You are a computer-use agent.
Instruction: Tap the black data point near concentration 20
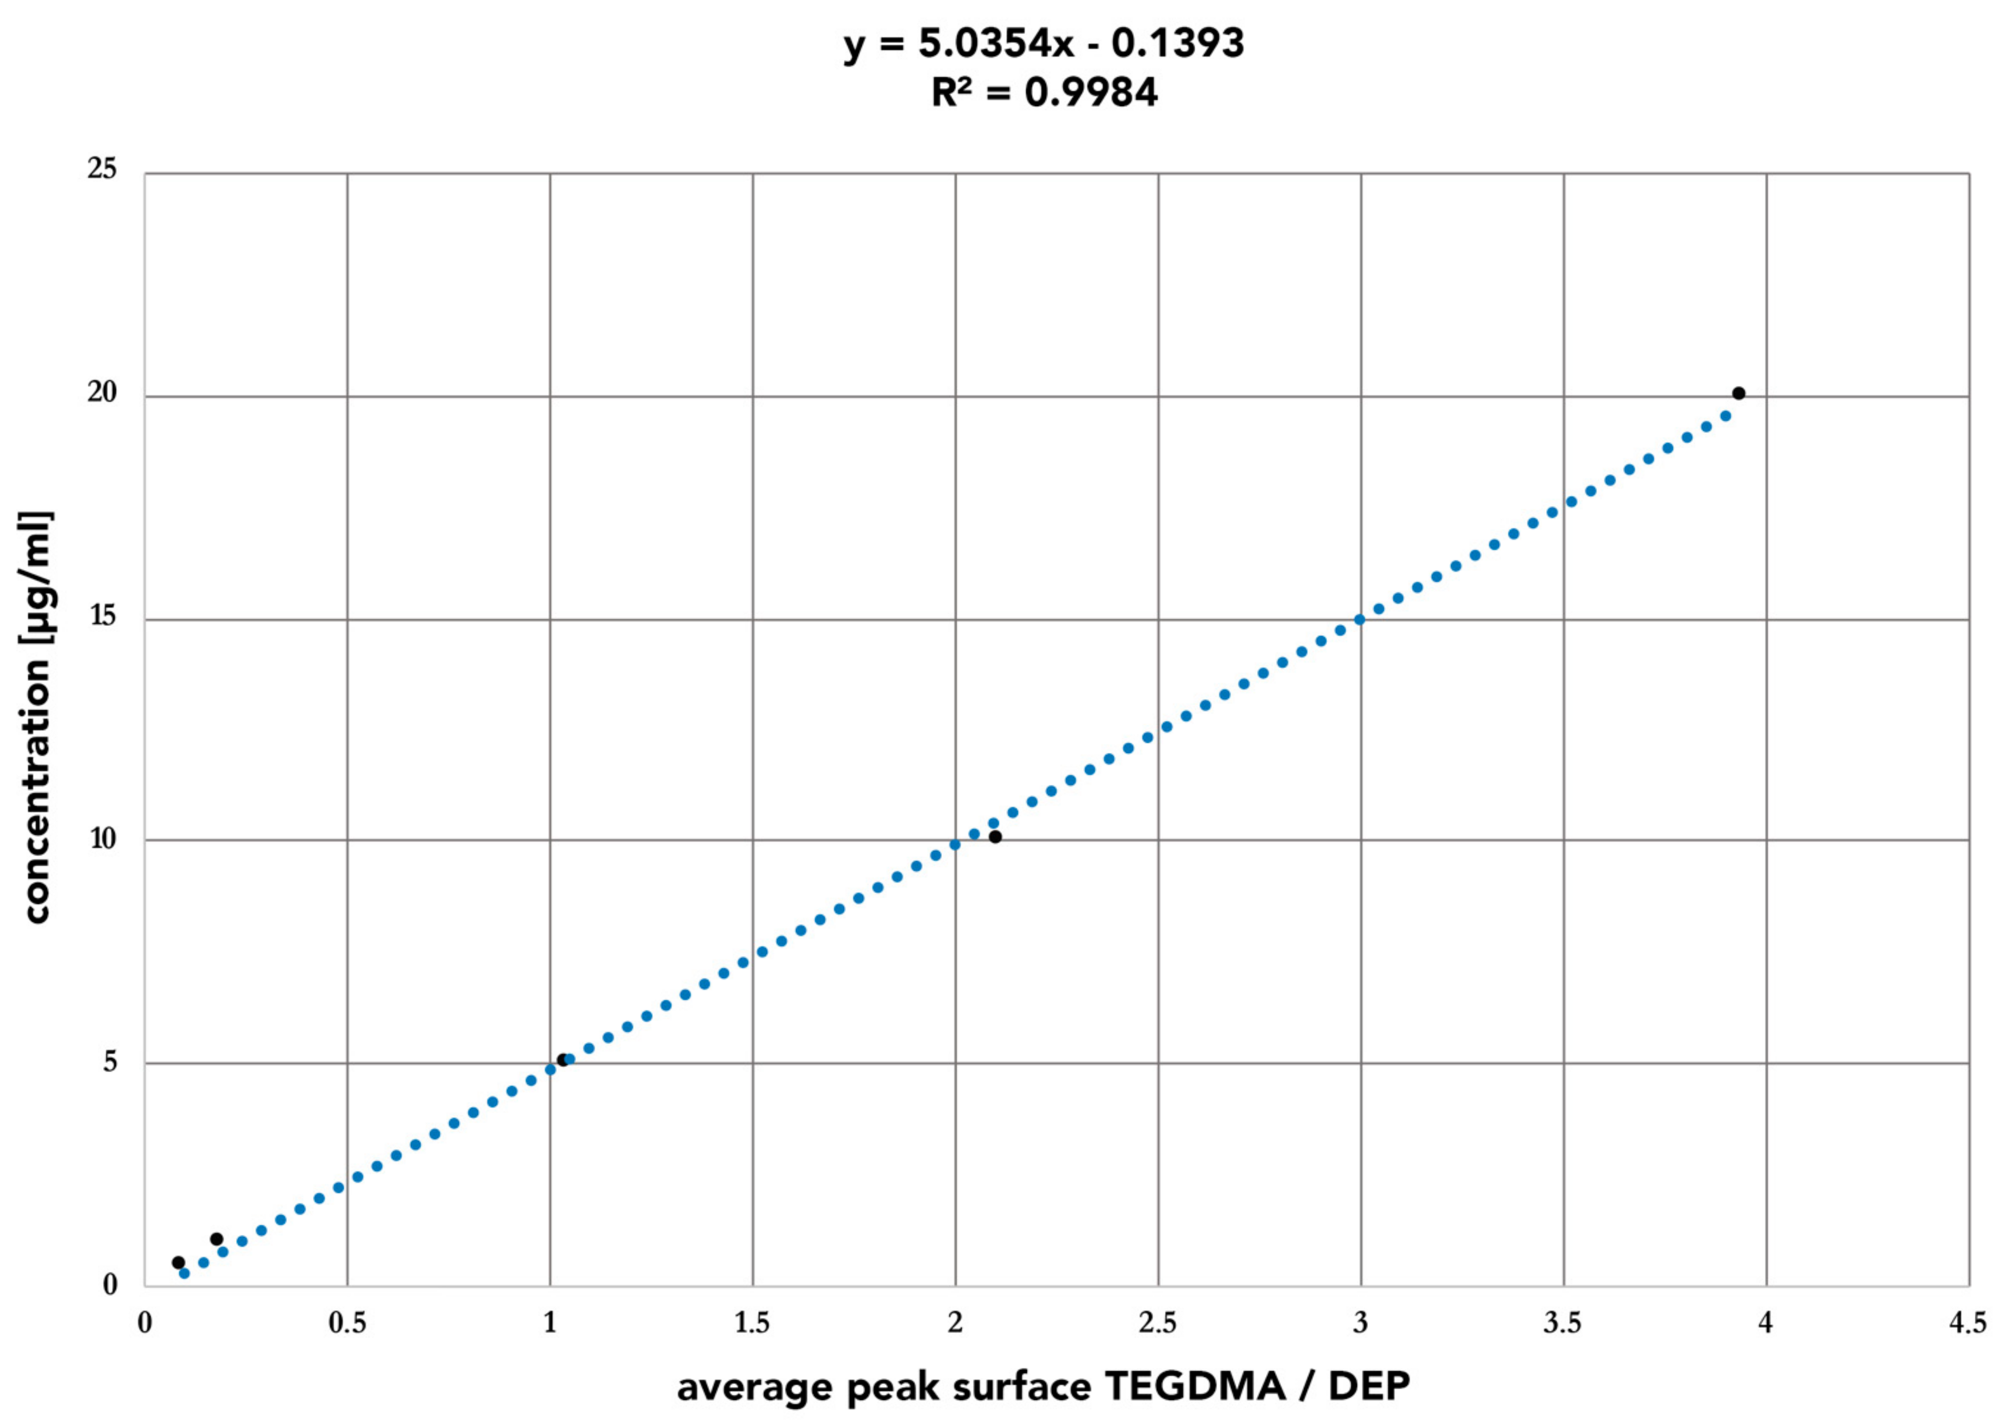tap(1738, 393)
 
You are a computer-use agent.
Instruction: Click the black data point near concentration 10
tap(995, 836)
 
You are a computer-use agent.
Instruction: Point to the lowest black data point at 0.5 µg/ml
tap(178, 1262)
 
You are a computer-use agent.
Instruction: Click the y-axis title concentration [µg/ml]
tap(37, 717)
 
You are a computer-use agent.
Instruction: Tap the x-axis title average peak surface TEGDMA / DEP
tap(1043, 1387)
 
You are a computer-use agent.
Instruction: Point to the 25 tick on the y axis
tap(102, 169)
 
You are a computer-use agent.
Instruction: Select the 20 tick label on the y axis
tap(102, 393)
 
